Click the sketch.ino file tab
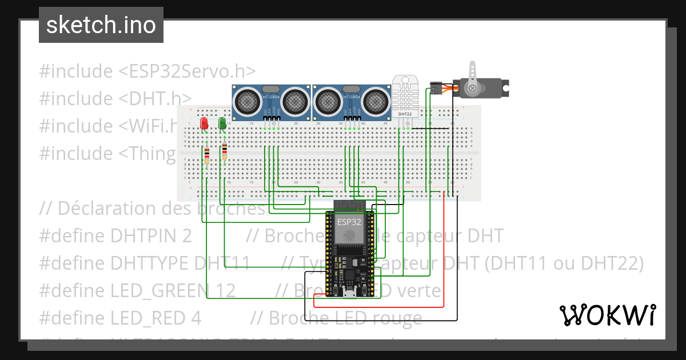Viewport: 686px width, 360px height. [101, 25]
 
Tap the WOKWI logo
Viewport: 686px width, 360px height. [607, 315]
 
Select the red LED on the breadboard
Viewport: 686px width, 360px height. [204, 123]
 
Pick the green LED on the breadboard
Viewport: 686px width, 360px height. [222, 123]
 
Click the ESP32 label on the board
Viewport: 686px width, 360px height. [349, 222]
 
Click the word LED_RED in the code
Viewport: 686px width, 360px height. [146, 317]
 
